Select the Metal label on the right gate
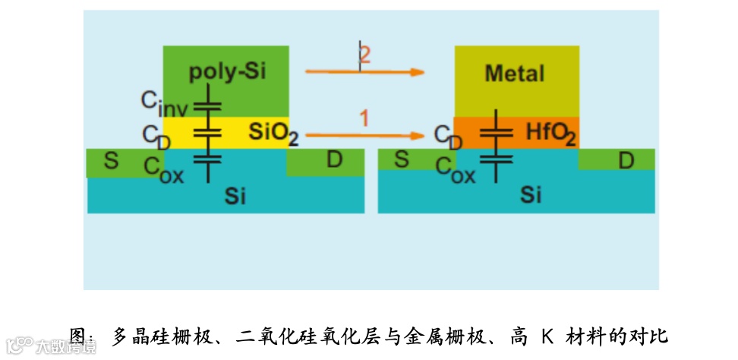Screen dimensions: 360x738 [x=515, y=74]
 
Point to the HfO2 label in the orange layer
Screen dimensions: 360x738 [x=551, y=134]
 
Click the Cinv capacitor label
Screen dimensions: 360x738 [x=164, y=102]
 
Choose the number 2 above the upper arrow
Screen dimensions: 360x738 [x=365, y=55]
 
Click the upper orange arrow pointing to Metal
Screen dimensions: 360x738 [x=364, y=72]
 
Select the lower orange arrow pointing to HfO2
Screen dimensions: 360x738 [x=364, y=135]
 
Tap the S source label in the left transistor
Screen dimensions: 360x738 [x=112, y=161]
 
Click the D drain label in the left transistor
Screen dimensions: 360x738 [x=334, y=160]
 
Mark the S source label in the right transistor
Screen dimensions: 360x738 [x=402, y=160]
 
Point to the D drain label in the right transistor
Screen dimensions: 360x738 [x=626, y=160]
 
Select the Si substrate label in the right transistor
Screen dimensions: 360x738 [x=531, y=195]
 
